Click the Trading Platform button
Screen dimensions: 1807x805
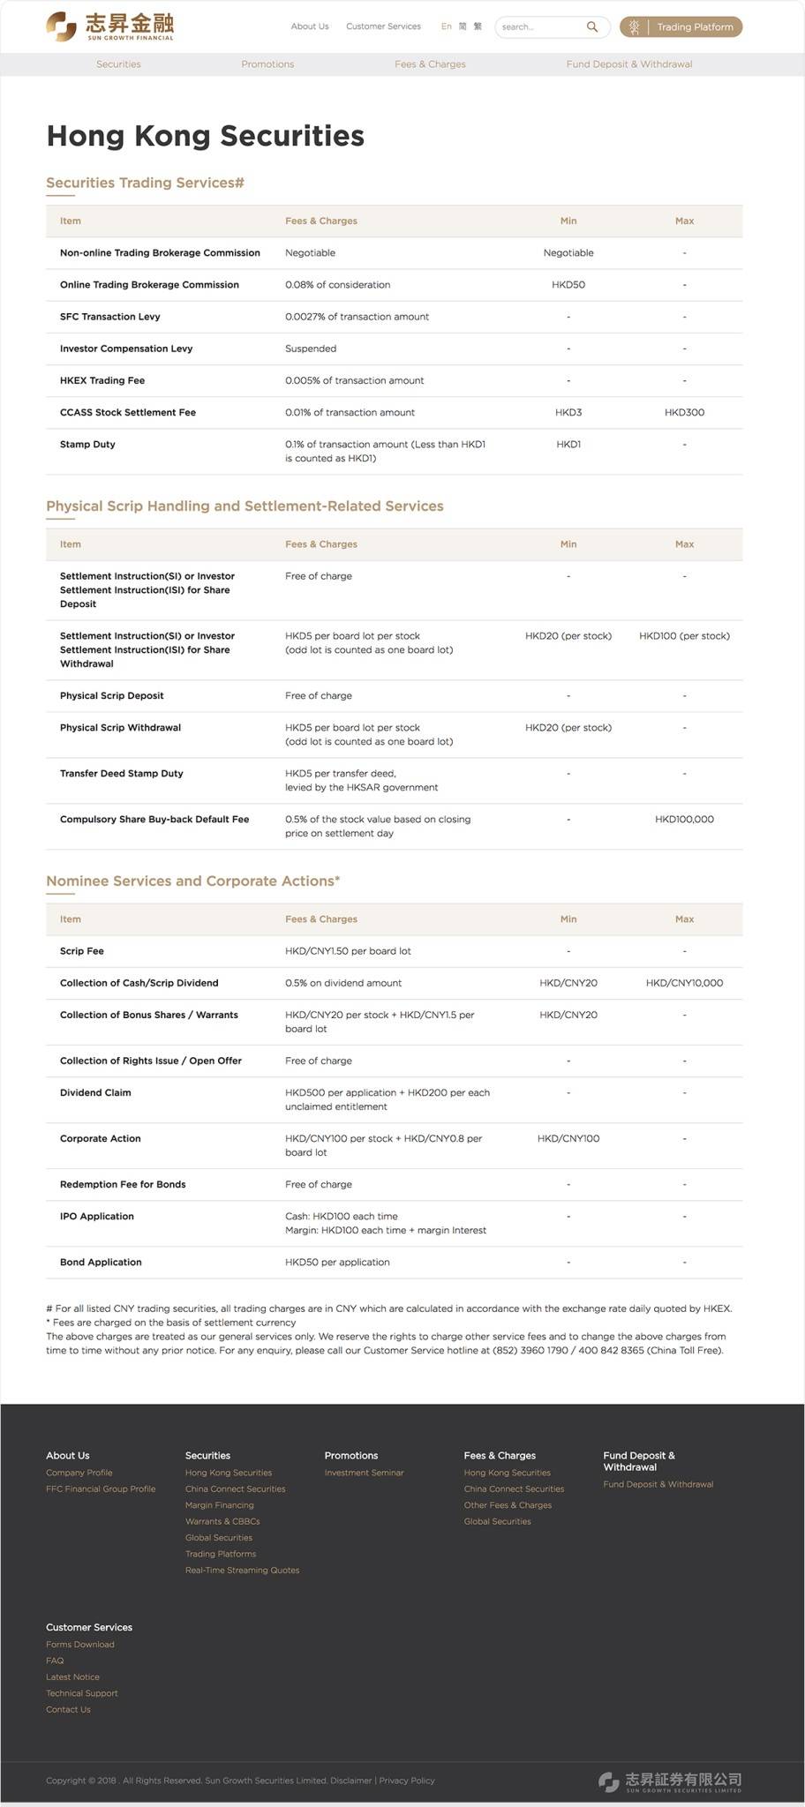[x=681, y=27]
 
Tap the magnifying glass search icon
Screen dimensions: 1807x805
[x=592, y=26]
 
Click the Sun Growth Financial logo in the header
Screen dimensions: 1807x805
[x=110, y=26]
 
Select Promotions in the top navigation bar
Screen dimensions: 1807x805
[x=267, y=64]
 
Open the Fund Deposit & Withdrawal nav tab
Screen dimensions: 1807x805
[x=628, y=64]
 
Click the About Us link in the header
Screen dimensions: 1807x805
[x=310, y=26]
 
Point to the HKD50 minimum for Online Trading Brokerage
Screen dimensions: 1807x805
[x=568, y=285]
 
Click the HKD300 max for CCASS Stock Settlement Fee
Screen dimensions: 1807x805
[x=684, y=412]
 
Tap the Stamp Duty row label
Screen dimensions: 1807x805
[x=87, y=445]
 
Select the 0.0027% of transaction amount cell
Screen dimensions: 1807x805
[x=357, y=317]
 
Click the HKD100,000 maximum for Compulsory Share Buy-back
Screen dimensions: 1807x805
[x=684, y=820]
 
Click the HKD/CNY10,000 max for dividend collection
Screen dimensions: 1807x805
[x=684, y=983]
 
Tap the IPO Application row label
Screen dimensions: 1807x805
[x=97, y=1217]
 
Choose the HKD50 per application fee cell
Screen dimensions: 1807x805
[x=337, y=1263]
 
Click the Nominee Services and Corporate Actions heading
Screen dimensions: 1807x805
[x=192, y=881]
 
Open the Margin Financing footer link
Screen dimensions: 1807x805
[x=219, y=1505]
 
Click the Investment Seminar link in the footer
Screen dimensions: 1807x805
[x=364, y=1473]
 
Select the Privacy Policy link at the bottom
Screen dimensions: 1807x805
[x=407, y=1781]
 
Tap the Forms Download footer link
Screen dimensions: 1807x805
[x=80, y=1645]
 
